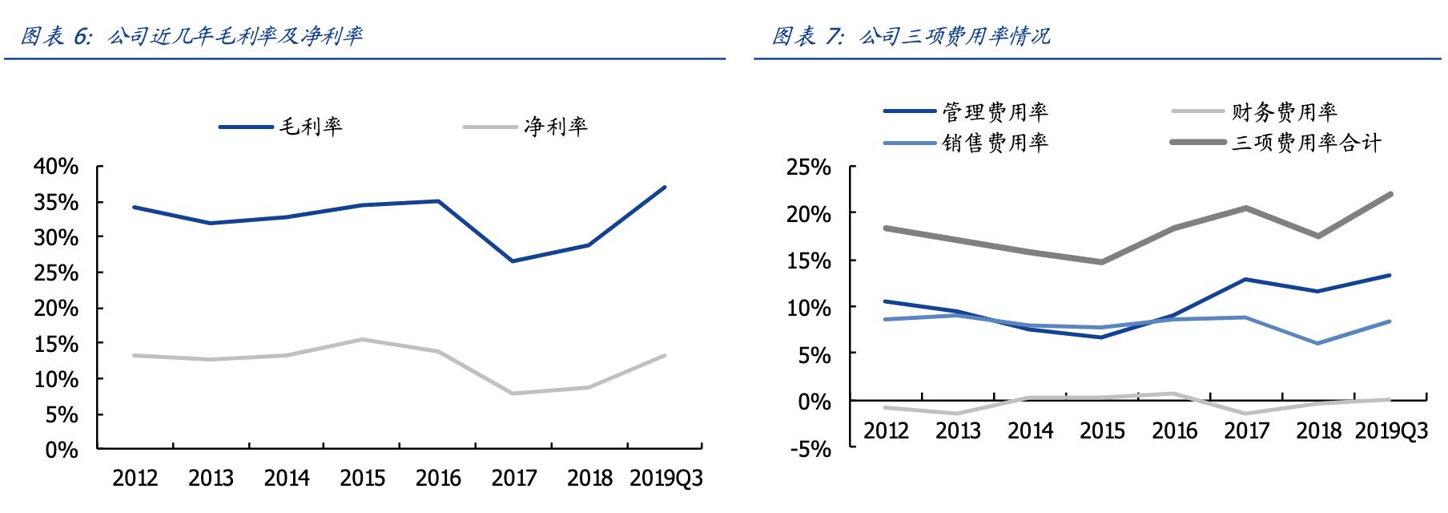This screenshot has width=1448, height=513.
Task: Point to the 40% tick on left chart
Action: (x=56, y=167)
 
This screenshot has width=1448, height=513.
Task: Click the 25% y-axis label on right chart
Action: (x=809, y=167)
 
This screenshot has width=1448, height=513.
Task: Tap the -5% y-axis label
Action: (x=810, y=449)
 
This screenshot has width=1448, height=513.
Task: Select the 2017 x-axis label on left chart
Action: (x=514, y=479)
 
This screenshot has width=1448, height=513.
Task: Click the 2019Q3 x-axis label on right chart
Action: (x=1391, y=430)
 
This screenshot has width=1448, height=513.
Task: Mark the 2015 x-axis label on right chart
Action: (x=1102, y=430)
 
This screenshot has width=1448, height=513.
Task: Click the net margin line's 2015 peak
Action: (x=361, y=339)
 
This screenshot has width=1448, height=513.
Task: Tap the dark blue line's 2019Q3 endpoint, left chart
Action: (x=665, y=188)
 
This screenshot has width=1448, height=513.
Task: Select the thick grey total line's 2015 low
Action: (x=1101, y=262)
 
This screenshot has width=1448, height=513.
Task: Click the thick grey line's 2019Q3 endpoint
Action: (x=1390, y=194)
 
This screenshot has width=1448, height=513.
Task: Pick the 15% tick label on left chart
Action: (x=56, y=344)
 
